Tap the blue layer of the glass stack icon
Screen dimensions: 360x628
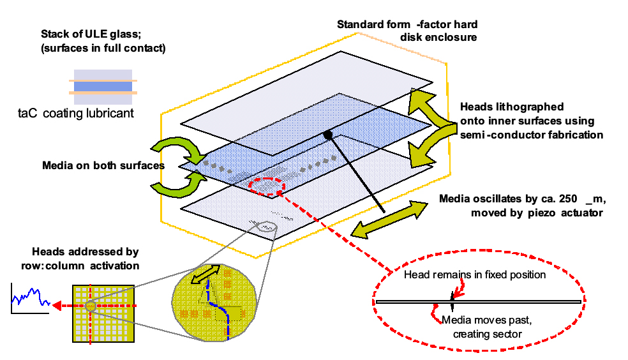101,87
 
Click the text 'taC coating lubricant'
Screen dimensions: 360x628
77,114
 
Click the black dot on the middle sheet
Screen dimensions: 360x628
327,134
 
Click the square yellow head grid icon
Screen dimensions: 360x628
103,306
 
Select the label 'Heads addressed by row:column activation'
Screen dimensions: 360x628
85,259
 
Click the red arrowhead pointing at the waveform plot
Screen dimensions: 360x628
56,306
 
